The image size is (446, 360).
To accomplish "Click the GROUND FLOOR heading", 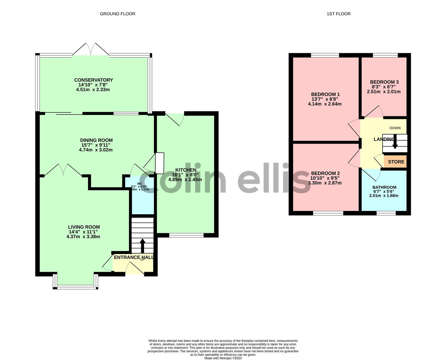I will pyautogui.click(x=117, y=14).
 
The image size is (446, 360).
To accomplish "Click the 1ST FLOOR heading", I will pyautogui.click(x=338, y=14).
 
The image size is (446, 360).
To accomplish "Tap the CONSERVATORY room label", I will pyautogui.click(x=93, y=80).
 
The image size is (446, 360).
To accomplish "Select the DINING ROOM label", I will pyautogui.click(x=96, y=140).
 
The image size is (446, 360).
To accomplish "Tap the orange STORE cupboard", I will pyautogui.click(x=396, y=162).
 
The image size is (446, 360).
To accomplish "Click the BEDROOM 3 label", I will pyautogui.click(x=384, y=82).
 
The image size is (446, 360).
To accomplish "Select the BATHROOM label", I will pyautogui.click(x=384, y=187).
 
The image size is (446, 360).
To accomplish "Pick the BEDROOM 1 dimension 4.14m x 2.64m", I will pyautogui.click(x=325, y=104).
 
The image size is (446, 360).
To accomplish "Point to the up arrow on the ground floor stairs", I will pyautogui.click(x=142, y=246).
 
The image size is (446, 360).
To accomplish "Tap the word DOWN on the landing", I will pyautogui.click(x=395, y=128).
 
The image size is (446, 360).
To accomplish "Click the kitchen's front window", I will pyautogui.click(x=186, y=235).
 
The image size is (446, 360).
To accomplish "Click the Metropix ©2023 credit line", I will pyautogui.click(x=223, y=358).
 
